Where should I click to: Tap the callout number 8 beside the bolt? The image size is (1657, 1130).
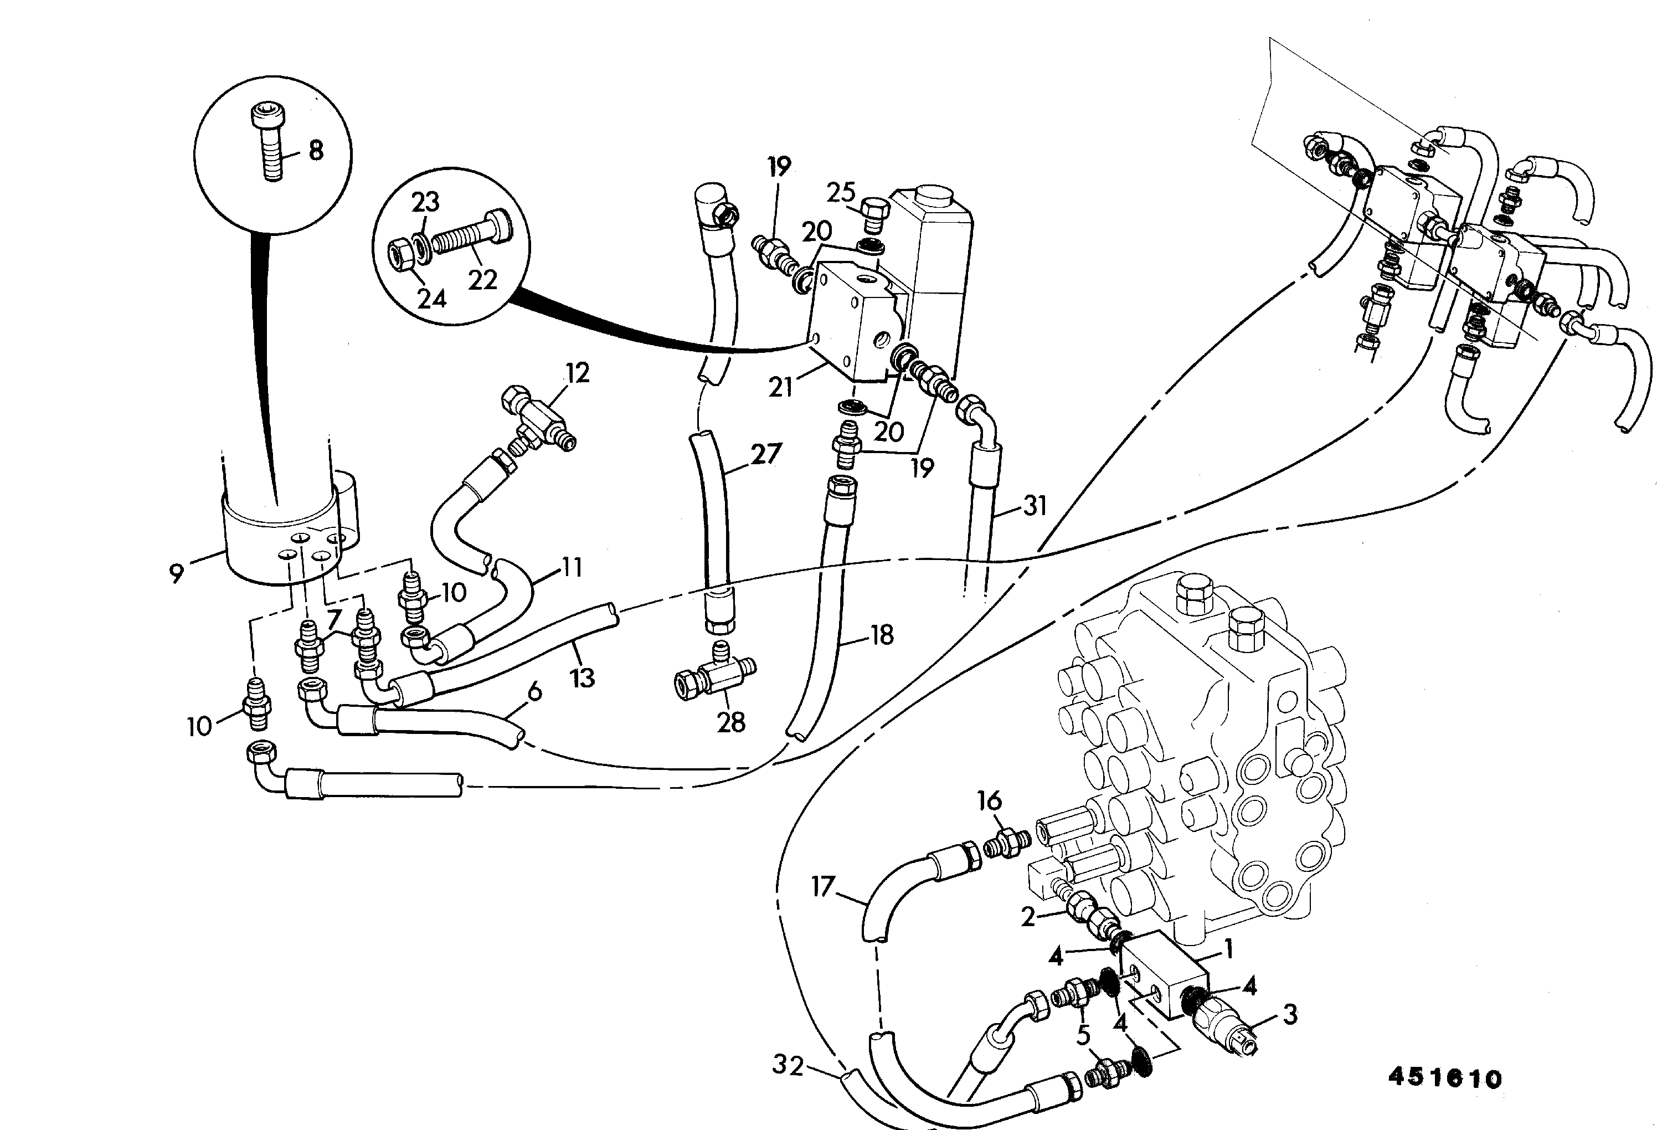[x=315, y=151]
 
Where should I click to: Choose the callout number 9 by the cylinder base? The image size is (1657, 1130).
[x=176, y=573]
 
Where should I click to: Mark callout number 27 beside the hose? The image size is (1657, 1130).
[x=766, y=454]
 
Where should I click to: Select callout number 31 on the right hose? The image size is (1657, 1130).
[x=1035, y=506]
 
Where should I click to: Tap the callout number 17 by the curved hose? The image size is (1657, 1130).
[x=823, y=887]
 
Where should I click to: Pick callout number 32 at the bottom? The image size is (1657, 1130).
[x=788, y=1066]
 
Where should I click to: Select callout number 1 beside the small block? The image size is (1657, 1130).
[x=1228, y=949]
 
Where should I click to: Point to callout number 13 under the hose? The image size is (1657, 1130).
[x=582, y=677]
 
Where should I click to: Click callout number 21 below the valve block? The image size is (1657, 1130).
[x=781, y=387]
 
